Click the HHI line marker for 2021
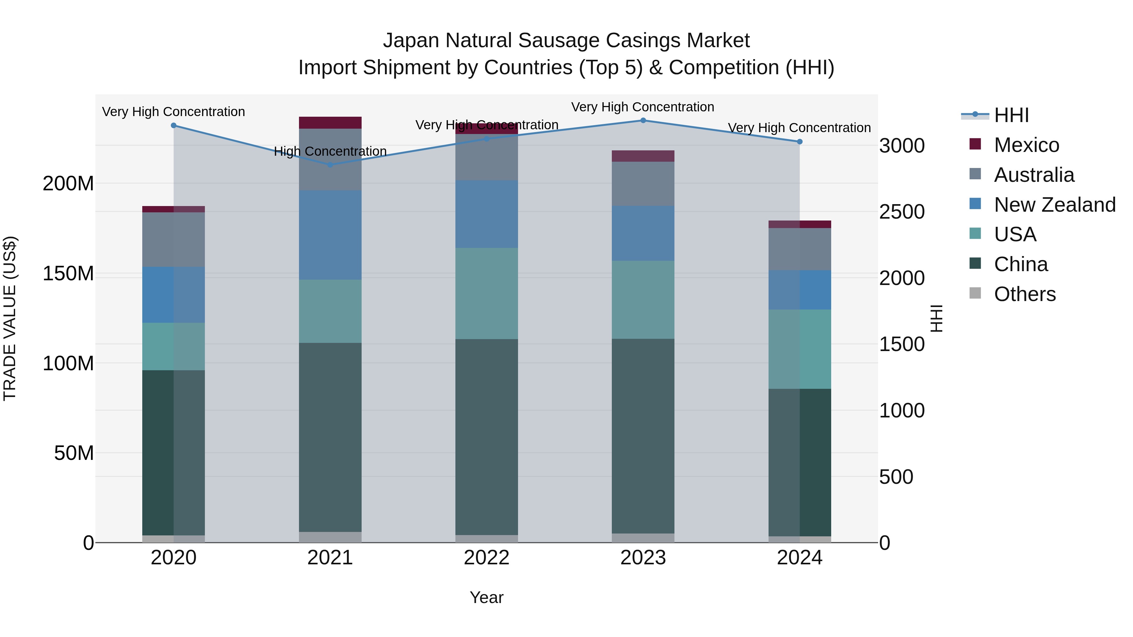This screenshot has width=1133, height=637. click(330, 165)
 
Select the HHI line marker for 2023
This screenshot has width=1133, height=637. click(643, 120)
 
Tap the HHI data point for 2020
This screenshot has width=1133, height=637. click(174, 126)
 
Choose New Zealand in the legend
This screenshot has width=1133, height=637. click(1054, 205)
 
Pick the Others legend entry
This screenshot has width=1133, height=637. click(1024, 294)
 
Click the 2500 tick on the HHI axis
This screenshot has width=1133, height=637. click(902, 212)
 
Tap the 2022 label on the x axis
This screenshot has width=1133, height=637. click(487, 558)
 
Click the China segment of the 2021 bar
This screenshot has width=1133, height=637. click(330, 438)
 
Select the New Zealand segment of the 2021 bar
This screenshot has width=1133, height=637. click(330, 235)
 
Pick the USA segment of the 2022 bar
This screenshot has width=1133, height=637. click(487, 294)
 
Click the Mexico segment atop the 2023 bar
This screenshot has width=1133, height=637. click(643, 156)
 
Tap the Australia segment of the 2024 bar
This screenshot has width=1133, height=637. click(800, 249)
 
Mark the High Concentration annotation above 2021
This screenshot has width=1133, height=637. click(330, 151)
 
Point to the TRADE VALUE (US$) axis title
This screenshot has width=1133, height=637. click(10, 318)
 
